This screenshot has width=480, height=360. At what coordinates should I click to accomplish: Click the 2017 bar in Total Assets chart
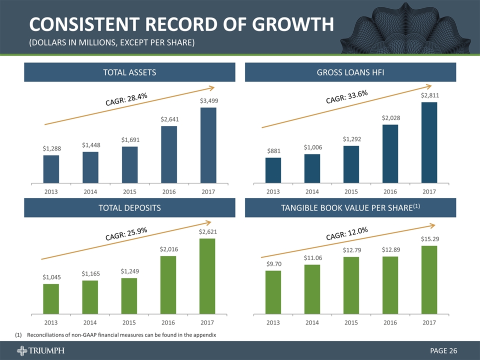coord(208,145)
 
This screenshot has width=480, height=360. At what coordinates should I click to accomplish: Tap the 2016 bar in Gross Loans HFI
coord(390,153)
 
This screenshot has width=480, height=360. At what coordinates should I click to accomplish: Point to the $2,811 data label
coord(429,95)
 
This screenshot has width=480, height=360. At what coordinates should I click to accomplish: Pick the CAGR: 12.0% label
coord(347,233)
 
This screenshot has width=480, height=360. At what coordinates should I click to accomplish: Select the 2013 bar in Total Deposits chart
coord(51,299)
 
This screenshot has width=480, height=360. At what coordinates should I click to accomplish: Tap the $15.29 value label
coord(429,239)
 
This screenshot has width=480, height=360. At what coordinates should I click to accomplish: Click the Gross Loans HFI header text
coord(350,72)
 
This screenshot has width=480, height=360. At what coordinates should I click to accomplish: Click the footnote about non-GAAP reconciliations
coord(122,334)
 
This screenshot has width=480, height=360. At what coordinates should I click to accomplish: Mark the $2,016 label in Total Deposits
coord(168,249)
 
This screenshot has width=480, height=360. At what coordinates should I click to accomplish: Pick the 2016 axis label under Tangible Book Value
coord(390,323)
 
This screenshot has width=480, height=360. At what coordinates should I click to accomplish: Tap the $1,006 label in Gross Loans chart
coord(312,147)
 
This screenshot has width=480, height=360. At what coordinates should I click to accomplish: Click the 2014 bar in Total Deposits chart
coord(90,297)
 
